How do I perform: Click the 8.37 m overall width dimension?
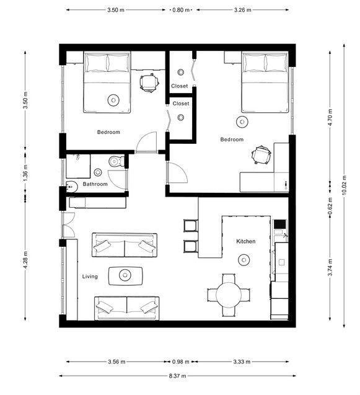(x=177, y=376)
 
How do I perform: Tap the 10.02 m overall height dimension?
(x=344, y=185)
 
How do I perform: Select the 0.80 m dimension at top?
(x=181, y=10)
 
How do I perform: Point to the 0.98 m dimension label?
(x=180, y=362)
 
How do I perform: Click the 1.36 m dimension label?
(x=25, y=173)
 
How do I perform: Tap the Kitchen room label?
(x=246, y=241)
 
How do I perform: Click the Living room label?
(x=90, y=277)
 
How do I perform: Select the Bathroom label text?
(x=95, y=184)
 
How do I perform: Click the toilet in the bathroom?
(x=116, y=161)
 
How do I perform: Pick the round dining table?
(x=229, y=295)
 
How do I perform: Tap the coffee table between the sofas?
(x=125, y=276)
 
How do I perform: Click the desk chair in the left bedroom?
(x=149, y=83)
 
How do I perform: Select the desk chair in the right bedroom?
(x=261, y=155)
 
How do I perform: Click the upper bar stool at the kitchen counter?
(x=190, y=226)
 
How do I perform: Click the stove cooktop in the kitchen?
(x=280, y=224)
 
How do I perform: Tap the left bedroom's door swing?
(x=146, y=143)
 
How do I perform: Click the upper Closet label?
(x=180, y=86)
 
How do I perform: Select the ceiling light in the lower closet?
(x=180, y=117)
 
